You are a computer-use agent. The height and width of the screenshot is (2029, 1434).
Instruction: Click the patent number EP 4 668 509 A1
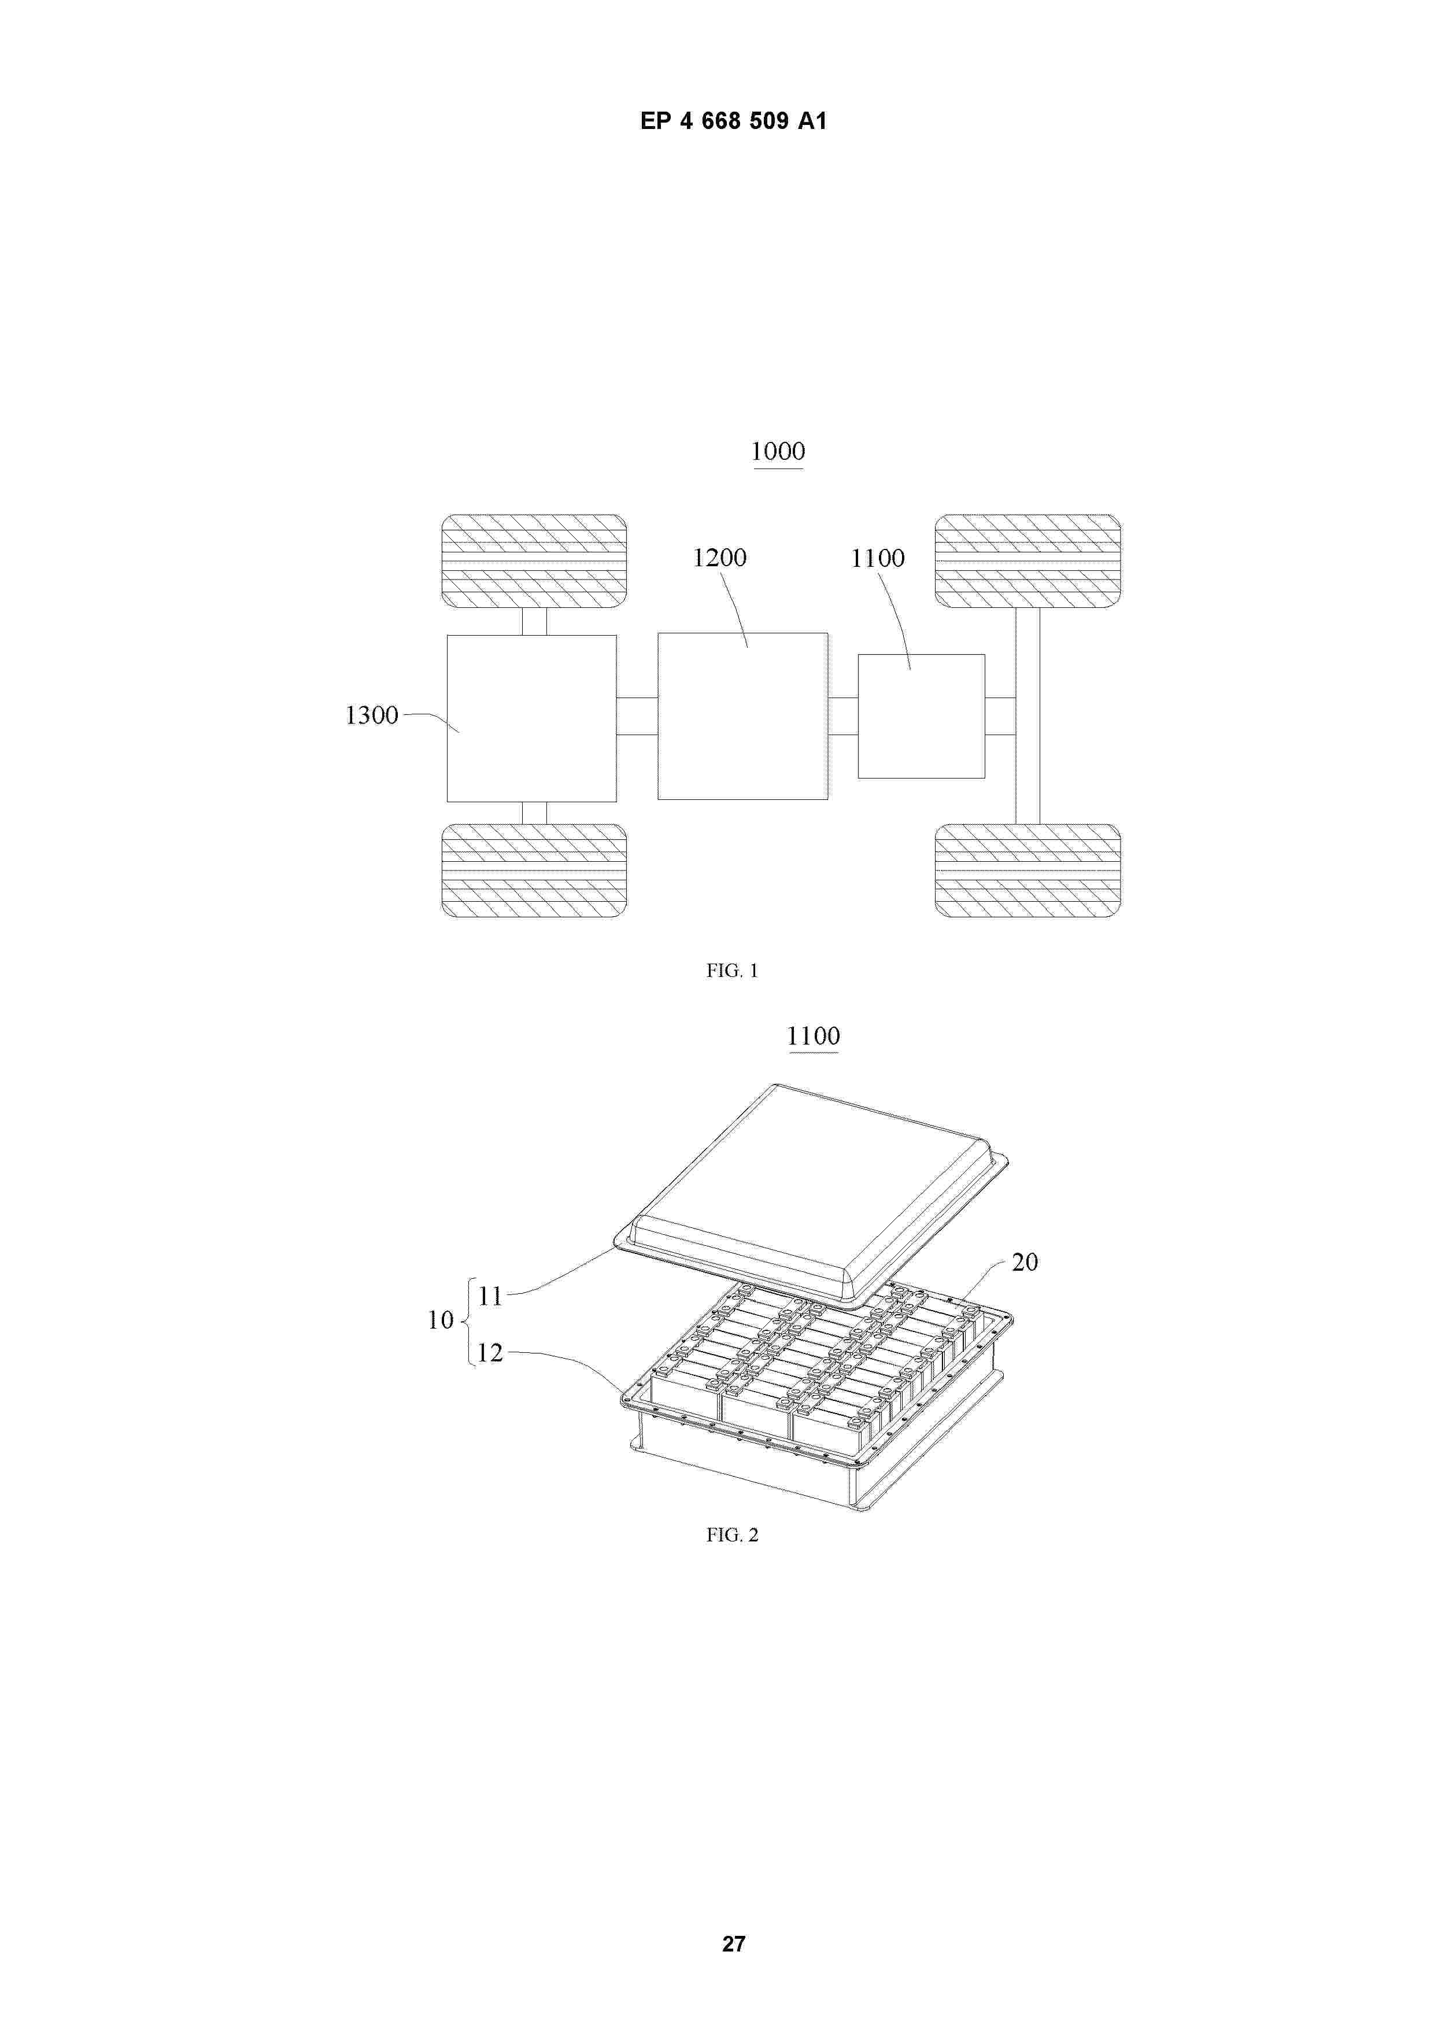[x=733, y=121]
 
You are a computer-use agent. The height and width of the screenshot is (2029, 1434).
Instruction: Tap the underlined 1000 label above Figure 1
[x=778, y=452]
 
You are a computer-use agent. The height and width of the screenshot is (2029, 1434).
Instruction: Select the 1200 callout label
[x=719, y=558]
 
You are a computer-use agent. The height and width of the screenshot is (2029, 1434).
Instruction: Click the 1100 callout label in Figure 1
[x=877, y=559]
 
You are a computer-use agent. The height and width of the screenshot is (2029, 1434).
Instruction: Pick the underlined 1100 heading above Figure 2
[x=813, y=1036]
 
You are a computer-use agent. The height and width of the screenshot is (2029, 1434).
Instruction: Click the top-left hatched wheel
[x=534, y=561]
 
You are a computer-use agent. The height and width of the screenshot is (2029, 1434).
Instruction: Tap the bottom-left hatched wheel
[x=534, y=870]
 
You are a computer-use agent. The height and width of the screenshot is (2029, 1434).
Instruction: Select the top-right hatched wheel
[x=1028, y=561]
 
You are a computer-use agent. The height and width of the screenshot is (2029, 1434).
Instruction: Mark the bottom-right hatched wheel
[x=1028, y=870]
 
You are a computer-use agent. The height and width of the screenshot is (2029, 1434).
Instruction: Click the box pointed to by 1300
[x=531, y=718]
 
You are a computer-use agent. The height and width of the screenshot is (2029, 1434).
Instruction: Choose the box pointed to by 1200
[x=742, y=717]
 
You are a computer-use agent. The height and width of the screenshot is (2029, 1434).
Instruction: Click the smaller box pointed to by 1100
[x=921, y=717]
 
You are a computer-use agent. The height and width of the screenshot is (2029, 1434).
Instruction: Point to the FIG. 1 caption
[x=731, y=971]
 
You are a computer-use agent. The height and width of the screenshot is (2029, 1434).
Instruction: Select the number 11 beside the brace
[x=490, y=1296]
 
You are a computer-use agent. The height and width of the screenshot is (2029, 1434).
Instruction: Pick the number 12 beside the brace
[x=490, y=1353]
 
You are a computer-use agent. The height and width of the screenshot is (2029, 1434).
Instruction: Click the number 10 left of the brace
[x=440, y=1320]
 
